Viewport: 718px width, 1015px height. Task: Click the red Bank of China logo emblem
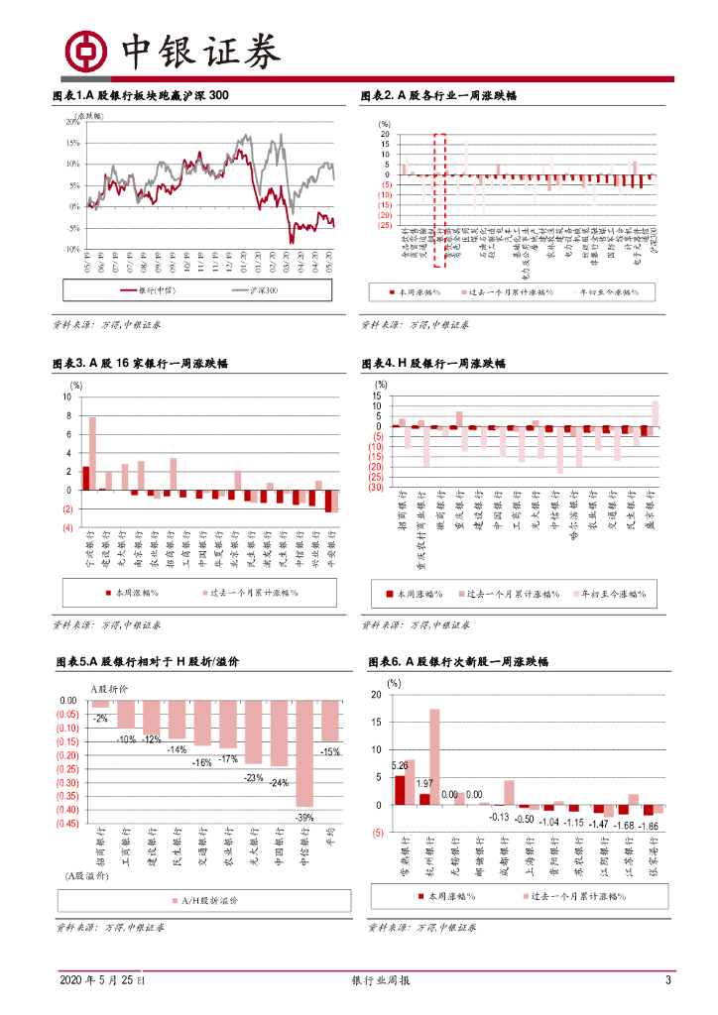(85, 51)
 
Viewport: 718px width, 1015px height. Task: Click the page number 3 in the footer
(668, 980)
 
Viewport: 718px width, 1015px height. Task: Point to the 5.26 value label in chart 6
(401, 766)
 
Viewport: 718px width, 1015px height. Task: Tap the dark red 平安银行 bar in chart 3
(328, 501)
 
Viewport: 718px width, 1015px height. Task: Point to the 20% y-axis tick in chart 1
(73, 122)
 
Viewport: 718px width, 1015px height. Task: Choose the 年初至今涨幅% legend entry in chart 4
(606, 594)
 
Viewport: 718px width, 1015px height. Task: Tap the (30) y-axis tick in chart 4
(377, 487)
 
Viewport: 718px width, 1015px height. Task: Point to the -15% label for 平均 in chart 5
(330, 752)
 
